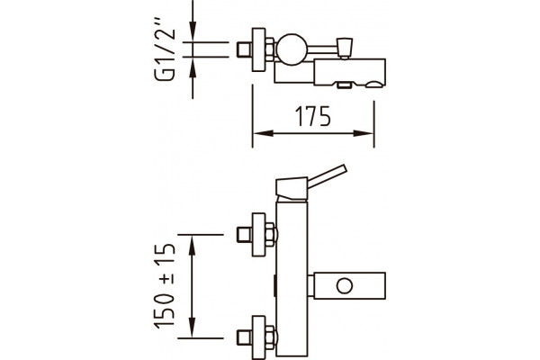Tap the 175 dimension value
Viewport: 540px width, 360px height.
coord(313,116)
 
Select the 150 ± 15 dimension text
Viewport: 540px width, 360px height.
coord(165,286)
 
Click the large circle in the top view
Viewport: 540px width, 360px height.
coord(292,49)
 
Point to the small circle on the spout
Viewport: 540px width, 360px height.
coord(345,286)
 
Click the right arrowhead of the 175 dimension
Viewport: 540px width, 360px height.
coord(364,133)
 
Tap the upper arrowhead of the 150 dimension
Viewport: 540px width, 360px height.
coord(193,245)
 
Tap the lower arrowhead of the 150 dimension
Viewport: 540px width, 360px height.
coord(193,328)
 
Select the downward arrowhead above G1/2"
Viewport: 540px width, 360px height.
coord(193,32)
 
